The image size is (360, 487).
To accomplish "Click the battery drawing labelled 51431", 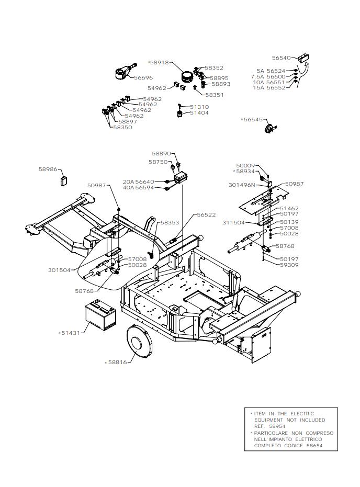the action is click(101, 315).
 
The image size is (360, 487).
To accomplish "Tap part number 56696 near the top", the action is click(143, 77).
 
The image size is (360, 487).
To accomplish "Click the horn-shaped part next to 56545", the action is click(269, 128).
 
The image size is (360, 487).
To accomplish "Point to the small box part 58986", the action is click(64, 181).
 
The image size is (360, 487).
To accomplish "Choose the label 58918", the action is click(160, 62).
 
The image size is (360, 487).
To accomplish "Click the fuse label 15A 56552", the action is click(269, 88).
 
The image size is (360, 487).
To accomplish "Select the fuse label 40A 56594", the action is click(139, 188).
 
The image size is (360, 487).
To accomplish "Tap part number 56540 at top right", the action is click(282, 58).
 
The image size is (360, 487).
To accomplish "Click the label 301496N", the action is click(242, 185).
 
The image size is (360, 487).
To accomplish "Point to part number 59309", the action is click(289, 265).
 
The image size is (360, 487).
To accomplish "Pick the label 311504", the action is click(233, 223).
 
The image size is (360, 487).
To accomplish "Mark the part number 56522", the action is click(206, 214).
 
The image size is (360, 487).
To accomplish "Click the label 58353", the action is click(170, 223).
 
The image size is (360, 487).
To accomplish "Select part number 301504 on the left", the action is click(59, 270).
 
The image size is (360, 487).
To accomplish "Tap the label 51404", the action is click(199, 113).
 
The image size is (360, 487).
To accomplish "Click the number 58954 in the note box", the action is click(277, 426).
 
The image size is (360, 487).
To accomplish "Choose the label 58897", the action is click(128, 122).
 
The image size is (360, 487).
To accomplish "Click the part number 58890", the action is click(161, 153).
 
